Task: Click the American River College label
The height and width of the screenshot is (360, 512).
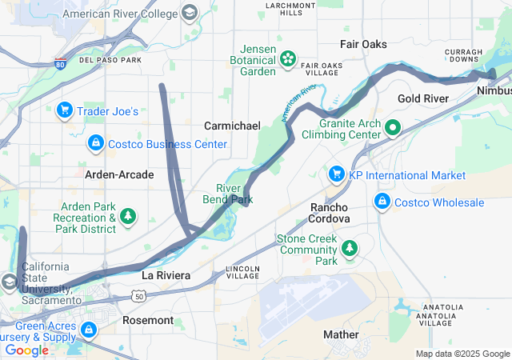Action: pyautogui.click(x=121, y=14)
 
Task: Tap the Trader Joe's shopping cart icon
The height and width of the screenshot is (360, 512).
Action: pyautogui.click(x=65, y=110)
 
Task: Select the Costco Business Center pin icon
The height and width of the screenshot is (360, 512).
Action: pyautogui.click(x=95, y=144)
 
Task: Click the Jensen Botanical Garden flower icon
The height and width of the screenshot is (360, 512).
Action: pyautogui.click(x=287, y=58)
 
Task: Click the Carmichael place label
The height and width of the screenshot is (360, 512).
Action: pyautogui.click(x=232, y=126)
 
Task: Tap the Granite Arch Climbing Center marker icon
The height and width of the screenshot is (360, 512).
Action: pyautogui.click(x=393, y=127)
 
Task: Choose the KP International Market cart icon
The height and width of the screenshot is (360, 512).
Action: pyautogui.click(x=336, y=174)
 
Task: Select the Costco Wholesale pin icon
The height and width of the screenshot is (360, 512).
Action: pyautogui.click(x=382, y=202)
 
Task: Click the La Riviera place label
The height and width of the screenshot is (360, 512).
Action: pyautogui.click(x=166, y=275)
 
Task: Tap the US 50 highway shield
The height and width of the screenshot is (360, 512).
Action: pyautogui.click(x=139, y=297)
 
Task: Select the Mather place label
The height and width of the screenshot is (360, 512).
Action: pyautogui.click(x=341, y=334)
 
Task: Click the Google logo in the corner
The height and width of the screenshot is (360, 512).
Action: pyautogui.click(x=26, y=350)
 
